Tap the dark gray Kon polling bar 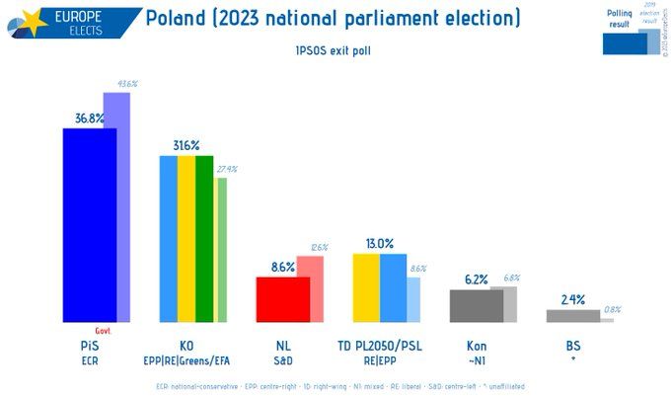[476, 305]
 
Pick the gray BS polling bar [572, 316]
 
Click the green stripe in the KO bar [204, 238]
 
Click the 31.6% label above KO [186, 146]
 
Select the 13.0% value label [380, 244]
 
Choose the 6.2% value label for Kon [477, 280]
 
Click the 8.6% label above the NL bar [282, 267]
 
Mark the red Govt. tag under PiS [102, 331]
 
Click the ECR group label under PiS [90, 360]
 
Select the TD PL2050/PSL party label [380, 346]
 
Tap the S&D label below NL [283, 360]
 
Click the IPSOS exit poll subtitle [334, 48]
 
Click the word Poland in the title [179, 18]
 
